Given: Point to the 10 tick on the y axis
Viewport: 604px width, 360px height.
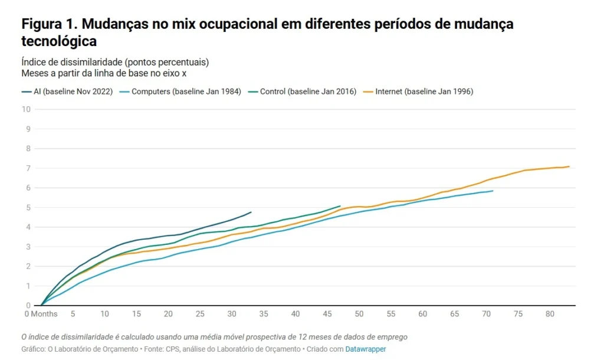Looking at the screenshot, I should [x=26, y=109].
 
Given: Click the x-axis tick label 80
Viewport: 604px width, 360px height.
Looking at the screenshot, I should [x=550, y=313].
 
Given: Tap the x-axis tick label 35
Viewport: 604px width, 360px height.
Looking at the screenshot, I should [x=264, y=313].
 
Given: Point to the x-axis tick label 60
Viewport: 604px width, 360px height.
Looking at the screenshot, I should [x=422, y=313].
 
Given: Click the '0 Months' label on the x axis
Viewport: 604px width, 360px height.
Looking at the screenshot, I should [x=41, y=313].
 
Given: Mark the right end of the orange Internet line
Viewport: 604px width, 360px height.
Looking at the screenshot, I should [x=569, y=166].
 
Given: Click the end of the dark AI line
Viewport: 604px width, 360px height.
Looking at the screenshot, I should [x=251, y=212].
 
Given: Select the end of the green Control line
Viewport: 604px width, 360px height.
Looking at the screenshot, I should [x=340, y=206].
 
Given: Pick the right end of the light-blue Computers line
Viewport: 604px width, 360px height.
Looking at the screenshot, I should [x=493, y=191].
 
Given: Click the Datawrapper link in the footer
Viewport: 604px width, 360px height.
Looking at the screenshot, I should [x=366, y=349].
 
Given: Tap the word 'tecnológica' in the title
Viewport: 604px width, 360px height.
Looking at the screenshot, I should [x=59, y=41].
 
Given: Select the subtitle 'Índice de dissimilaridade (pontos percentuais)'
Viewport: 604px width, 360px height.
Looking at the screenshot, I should [x=115, y=61].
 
